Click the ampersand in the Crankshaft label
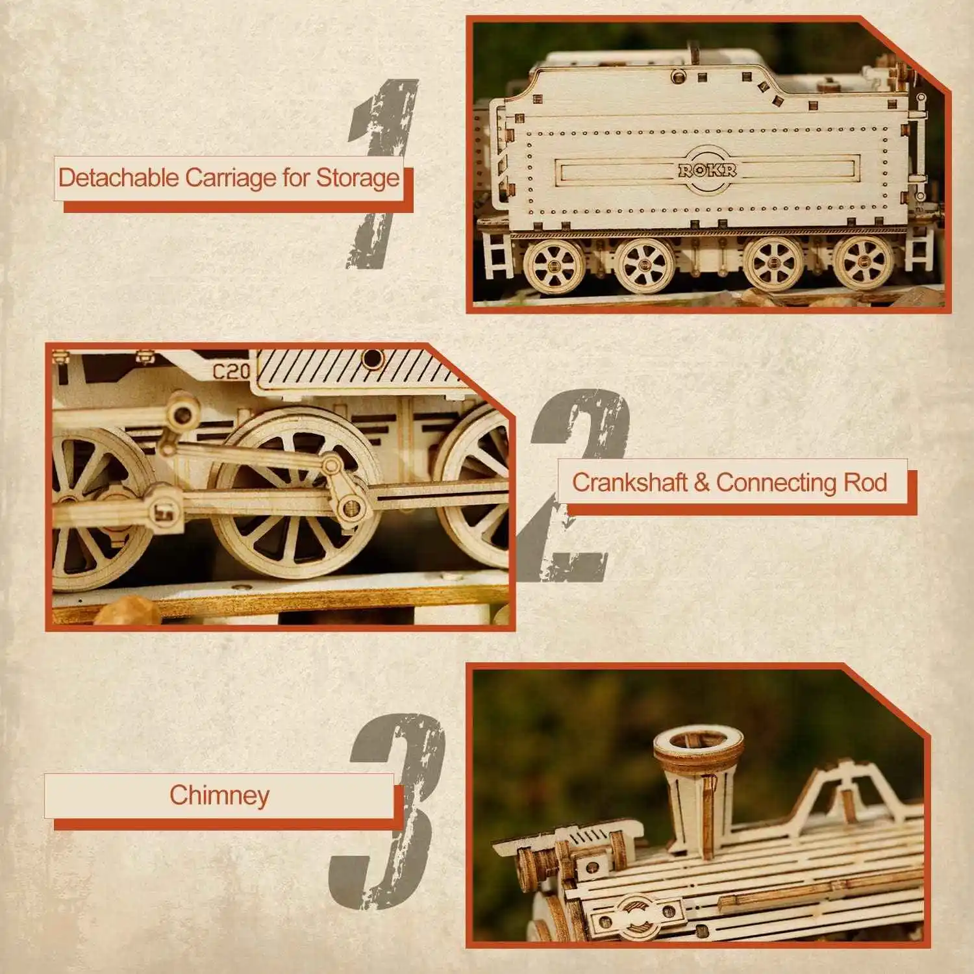[701, 482]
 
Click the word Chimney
[219, 795]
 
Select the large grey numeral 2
[575, 486]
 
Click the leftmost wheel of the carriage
[554, 265]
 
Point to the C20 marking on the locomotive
[231, 371]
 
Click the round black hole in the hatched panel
[372, 358]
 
